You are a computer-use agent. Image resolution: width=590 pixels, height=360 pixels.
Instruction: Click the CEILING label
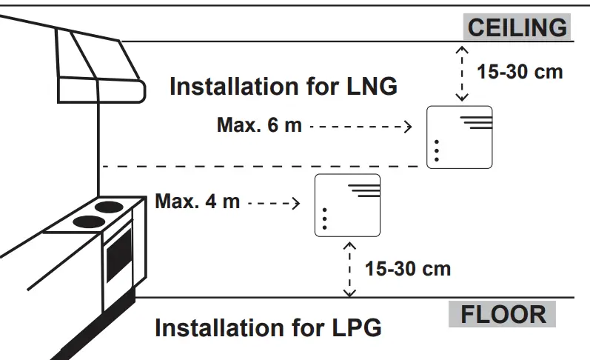coord(517,27)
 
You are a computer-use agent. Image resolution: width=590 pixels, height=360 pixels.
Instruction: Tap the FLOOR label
coord(503,314)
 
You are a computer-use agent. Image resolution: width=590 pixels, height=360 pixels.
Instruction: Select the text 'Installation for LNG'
coord(284,86)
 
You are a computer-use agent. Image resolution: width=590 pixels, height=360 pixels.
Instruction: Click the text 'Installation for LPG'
coord(267,327)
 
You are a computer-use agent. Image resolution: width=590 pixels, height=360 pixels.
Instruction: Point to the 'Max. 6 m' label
coord(259,124)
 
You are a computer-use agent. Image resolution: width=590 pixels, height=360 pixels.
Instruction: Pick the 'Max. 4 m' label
coord(198,201)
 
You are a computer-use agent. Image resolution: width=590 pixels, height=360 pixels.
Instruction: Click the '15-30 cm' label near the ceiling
coord(520,72)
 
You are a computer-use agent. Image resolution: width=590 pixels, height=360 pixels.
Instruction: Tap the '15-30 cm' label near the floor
coord(407,267)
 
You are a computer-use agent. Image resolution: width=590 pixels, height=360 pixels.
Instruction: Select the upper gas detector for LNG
coord(460,137)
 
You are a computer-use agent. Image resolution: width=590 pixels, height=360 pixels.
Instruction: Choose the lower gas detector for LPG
coord(347,205)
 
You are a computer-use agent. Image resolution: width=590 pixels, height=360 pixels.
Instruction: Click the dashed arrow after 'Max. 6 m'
coord(360,126)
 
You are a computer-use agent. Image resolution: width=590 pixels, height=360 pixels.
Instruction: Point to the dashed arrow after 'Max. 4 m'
coord(274,201)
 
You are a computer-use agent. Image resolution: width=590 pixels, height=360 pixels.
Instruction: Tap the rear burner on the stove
coord(109,206)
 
